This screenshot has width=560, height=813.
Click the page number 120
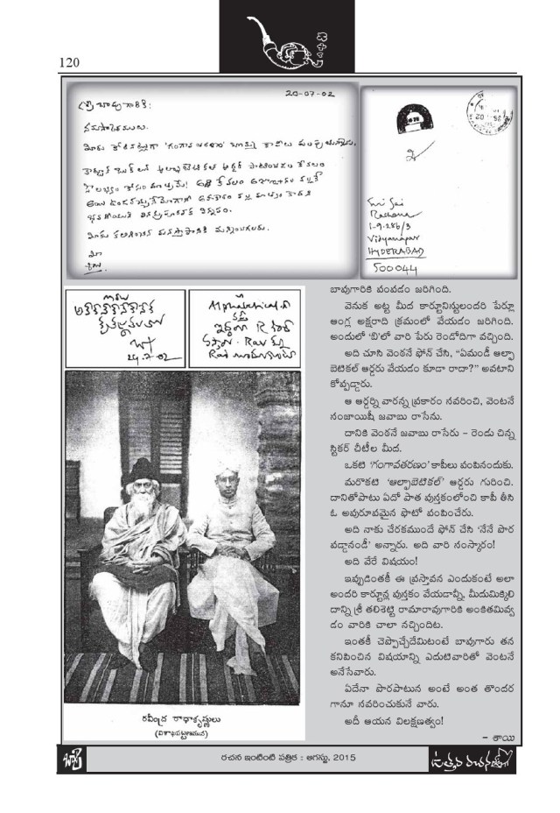coord(70,62)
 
